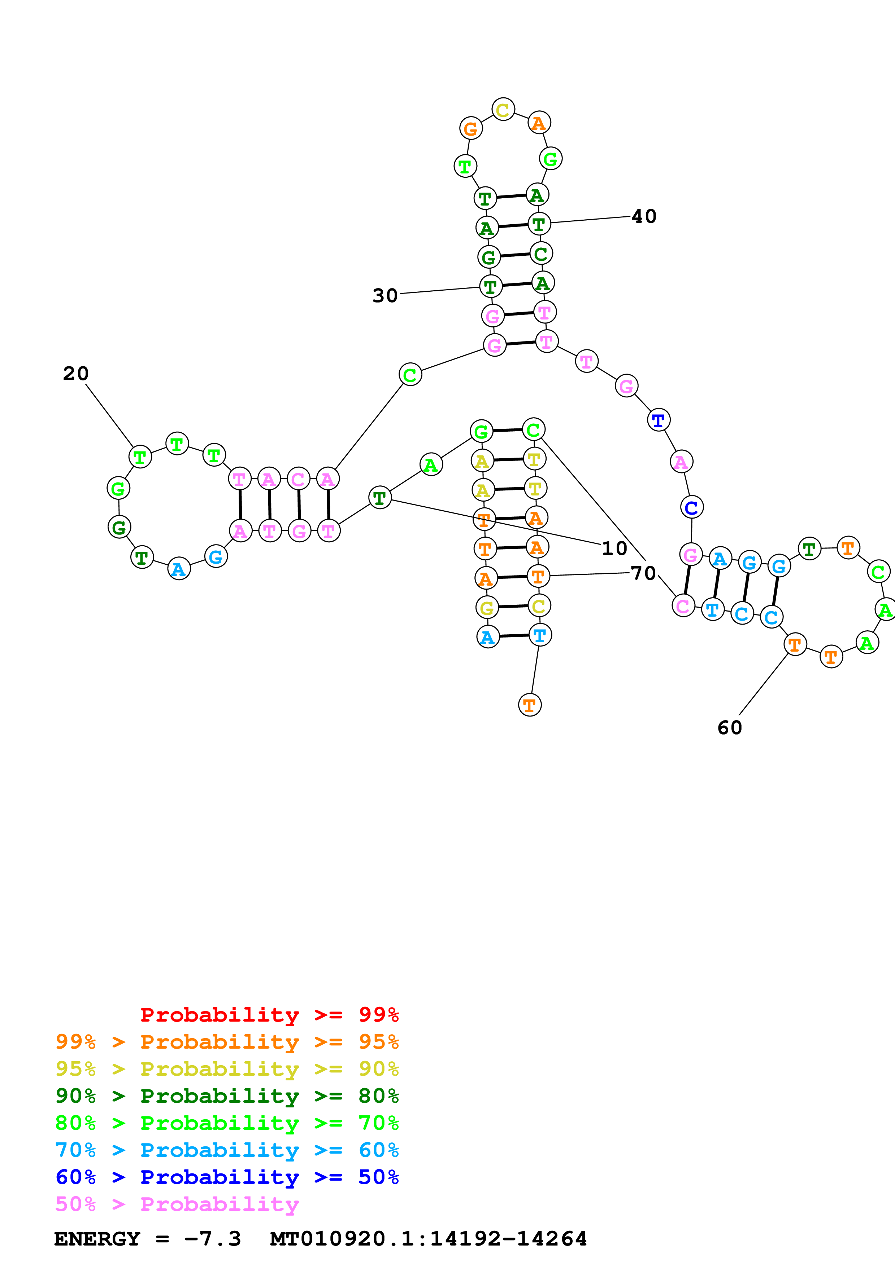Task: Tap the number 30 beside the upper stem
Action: point(385,296)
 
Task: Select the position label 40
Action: point(643,216)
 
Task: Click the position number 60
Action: point(730,728)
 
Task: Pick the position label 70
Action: point(643,573)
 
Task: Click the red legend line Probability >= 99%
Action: point(269,1015)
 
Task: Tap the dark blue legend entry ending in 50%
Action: point(227,1177)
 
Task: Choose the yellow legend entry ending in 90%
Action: point(227,1069)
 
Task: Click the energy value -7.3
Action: point(212,1239)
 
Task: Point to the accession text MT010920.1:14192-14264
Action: point(429,1239)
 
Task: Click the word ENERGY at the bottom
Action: point(97,1239)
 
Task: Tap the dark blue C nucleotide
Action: point(691,507)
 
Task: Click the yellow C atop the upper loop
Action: point(503,109)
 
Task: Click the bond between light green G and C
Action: point(507,430)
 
